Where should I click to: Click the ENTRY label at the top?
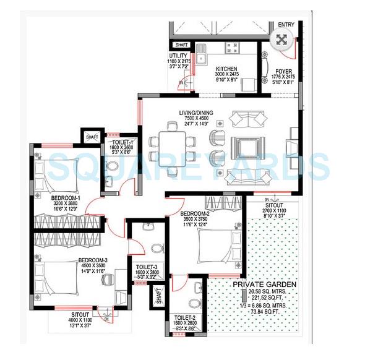point(286,25)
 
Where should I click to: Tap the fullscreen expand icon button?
point(280,41)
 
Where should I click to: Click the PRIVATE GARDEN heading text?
point(264,285)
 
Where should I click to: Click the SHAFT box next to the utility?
point(182,45)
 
